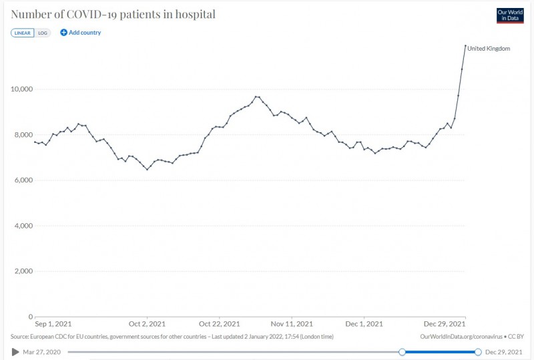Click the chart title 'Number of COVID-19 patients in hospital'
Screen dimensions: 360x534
(113, 14)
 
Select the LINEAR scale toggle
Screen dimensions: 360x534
(23, 33)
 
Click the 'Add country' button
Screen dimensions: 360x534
(80, 33)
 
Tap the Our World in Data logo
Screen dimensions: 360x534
(510, 15)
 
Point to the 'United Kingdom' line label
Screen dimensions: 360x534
(489, 48)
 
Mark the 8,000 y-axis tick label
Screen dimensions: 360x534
(23, 134)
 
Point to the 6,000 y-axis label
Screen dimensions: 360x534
(23, 180)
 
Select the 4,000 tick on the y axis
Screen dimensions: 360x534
(23, 226)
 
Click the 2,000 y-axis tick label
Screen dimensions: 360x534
(23, 271)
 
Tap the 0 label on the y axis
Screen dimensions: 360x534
(31, 317)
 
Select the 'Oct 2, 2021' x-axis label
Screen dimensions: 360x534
(147, 325)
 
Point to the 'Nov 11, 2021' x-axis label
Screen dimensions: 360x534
(292, 325)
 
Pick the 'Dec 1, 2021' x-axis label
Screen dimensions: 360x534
(365, 325)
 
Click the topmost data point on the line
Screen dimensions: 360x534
(465, 45)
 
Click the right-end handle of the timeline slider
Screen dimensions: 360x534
(478, 351)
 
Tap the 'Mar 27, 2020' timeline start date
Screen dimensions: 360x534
(42, 351)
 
